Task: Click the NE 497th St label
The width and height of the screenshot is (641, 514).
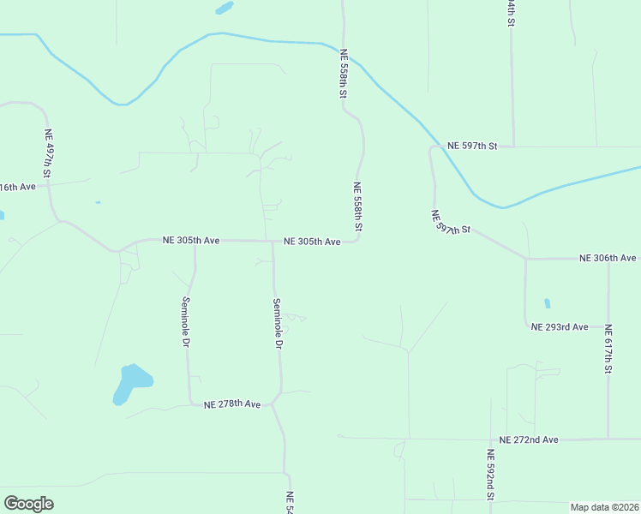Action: pyautogui.click(x=49, y=153)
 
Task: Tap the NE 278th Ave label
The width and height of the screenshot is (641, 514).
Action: pyautogui.click(x=231, y=403)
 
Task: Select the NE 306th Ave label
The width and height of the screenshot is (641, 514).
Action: pyautogui.click(x=608, y=257)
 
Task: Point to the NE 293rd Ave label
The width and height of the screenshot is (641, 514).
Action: pyautogui.click(x=559, y=326)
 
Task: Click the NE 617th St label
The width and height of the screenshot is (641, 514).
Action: pyautogui.click(x=608, y=350)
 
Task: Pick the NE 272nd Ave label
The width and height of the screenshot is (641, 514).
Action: pyautogui.click(x=529, y=439)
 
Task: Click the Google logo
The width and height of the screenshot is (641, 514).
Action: pyautogui.click(x=28, y=504)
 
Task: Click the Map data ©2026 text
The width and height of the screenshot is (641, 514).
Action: pyautogui.click(x=604, y=507)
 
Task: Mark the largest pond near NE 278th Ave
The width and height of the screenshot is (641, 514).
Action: pyautogui.click(x=131, y=383)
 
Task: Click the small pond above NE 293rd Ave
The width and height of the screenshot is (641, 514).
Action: pyautogui.click(x=547, y=303)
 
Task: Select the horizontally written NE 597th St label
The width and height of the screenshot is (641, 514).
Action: pyautogui.click(x=472, y=146)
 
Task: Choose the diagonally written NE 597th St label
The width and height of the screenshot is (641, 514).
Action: pyautogui.click(x=451, y=224)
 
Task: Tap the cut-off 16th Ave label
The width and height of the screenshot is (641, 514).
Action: pyautogui.click(x=18, y=187)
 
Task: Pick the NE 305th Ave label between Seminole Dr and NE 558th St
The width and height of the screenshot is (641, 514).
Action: pyautogui.click(x=312, y=242)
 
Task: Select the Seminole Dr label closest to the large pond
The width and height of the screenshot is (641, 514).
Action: pyautogui.click(x=184, y=321)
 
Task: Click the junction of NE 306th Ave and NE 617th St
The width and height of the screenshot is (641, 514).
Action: pyautogui.click(x=608, y=258)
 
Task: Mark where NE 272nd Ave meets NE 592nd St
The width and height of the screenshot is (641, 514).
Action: pyautogui.click(x=491, y=439)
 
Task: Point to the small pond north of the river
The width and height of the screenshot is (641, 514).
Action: pyautogui.click(x=225, y=8)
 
